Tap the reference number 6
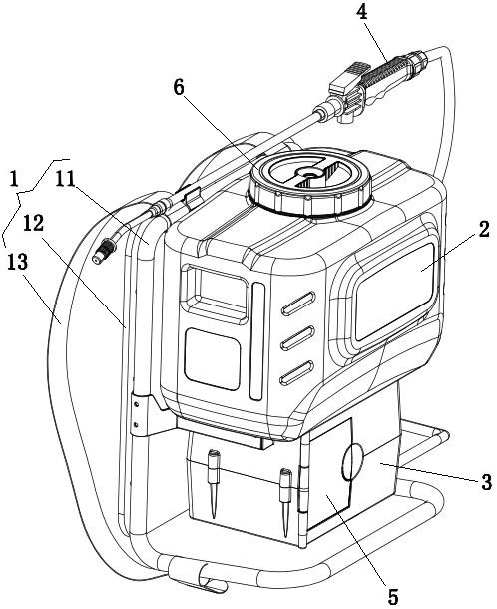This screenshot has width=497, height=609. [179, 88]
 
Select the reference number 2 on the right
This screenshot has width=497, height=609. [483, 230]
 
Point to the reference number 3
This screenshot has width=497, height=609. [486, 482]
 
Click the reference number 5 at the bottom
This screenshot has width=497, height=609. [393, 596]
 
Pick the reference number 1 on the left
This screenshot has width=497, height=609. [14, 180]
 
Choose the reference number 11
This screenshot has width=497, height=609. [65, 180]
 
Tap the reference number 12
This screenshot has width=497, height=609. [33, 224]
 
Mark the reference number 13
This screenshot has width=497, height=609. [18, 262]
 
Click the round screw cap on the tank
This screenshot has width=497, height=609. [309, 182]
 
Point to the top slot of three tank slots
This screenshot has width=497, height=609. [298, 303]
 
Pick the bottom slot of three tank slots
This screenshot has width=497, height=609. [297, 372]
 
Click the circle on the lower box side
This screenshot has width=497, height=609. [351, 461]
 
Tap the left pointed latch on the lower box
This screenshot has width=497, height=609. [214, 483]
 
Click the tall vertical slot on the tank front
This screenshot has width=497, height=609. [257, 341]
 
